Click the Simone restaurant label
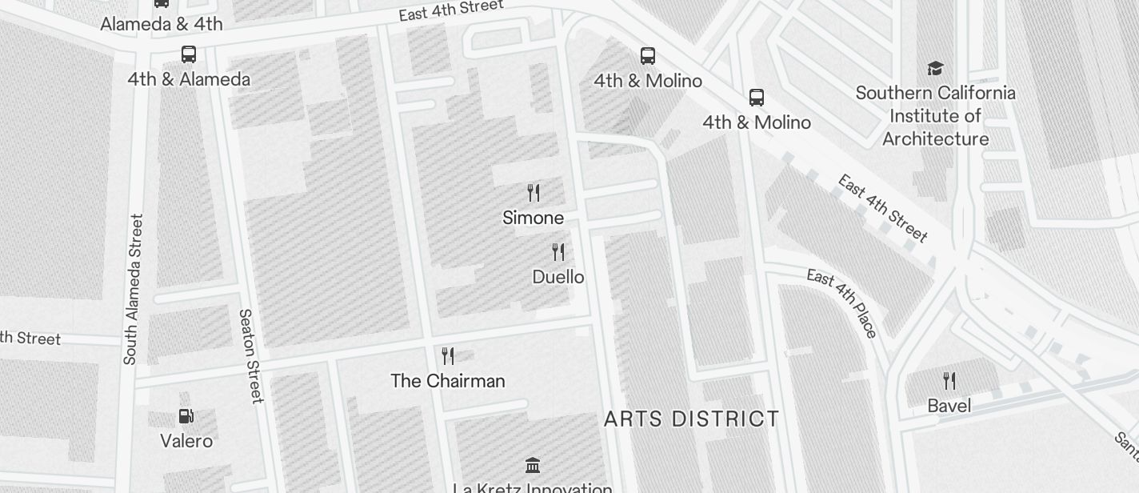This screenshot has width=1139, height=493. pyautogui.click(x=533, y=218)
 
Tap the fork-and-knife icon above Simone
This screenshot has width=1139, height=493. pyautogui.click(x=534, y=193)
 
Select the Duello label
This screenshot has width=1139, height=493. pyautogui.click(x=558, y=277)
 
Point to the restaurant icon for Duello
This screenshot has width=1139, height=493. pyautogui.click(x=558, y=252)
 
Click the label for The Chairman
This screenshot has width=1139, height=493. pyautogui.click(x=448, y=381)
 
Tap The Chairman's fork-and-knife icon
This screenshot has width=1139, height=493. pyautogui.click(x=448, y=356)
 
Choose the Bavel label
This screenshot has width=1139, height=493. pyautogui.click(x=949, y=406)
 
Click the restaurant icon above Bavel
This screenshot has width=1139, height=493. pyautogui.click(x=949, y=380)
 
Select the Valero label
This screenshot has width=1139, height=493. pyautogui.click(x=186, y=441)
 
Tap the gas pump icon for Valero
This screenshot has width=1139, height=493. pyautogui.click(x=186, y=416)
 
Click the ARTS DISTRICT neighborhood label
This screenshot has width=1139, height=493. pyautogui.click(x=692, y=419)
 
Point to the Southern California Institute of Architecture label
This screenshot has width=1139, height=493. pyautogui.click(x=935, y=116)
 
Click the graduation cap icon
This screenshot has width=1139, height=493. pyautogui.click(x=935, y=69)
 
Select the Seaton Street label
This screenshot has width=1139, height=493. pyautogui.click(x=250, y=356)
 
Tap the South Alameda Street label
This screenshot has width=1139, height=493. pyautogui.click(x=133, y=289)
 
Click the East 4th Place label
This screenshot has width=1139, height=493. pyautogui.click(x=842, y=303)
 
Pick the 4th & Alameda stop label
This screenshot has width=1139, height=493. pyautogui.click(x=189, y=79)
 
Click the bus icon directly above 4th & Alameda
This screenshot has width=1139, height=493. pyautogui.click(x=189, y=54)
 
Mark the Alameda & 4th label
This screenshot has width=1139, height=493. pyautogui.click(x=162, y=24)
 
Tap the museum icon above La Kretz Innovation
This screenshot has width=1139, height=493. pyautogui.click(x=533, y=465)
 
